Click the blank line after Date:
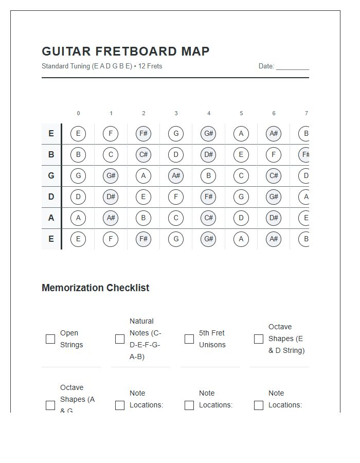(292, 66)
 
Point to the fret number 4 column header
(208, 113)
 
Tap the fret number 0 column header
(78, 113)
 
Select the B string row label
(51, 155)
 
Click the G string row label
(51, 176)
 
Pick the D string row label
(51, 197)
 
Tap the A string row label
(51, 218)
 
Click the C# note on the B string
(143, 155)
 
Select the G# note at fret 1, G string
(111, 176)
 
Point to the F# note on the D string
(208, 197)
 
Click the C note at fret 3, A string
(176, 218)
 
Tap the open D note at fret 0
(78, 197)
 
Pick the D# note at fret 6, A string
(274, 218)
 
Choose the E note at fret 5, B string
(241, 155)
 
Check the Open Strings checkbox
(50, 339)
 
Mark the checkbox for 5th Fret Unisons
(189, 339)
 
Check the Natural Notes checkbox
(120, 339)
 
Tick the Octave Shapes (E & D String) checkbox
(259, 339)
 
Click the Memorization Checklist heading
(95, 288)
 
